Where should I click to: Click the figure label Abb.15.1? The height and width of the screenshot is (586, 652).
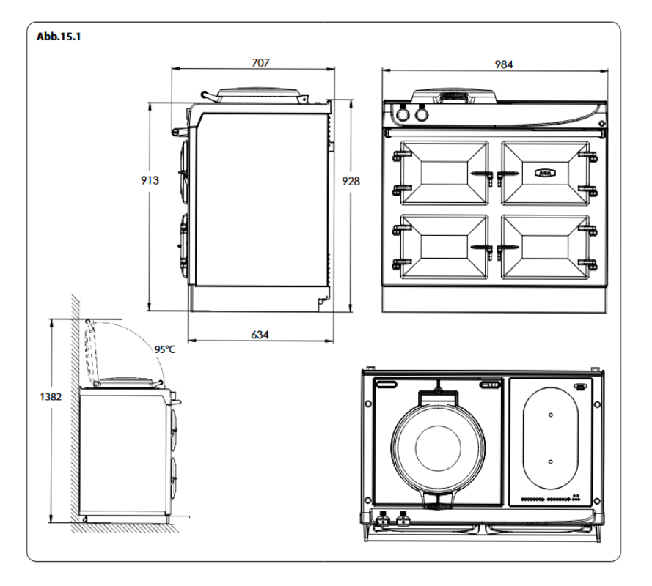click(59, 36)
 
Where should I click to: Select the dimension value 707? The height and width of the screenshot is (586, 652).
click(260, 63)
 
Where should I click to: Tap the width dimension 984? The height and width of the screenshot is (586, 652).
click(503, 64)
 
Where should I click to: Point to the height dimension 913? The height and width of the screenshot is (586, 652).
click(151, 179)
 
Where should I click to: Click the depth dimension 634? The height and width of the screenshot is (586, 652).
click(260, 334)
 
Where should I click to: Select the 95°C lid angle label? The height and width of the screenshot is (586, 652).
click(164, 349)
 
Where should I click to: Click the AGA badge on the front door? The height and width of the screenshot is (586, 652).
click(543, 173)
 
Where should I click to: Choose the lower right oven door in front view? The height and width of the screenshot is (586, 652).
click(543, 246)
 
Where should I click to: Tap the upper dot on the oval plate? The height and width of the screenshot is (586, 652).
click(549, 415)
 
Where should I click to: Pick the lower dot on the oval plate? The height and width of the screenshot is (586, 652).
click(549, 461)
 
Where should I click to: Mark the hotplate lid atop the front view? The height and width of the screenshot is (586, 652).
click(455, 95)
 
